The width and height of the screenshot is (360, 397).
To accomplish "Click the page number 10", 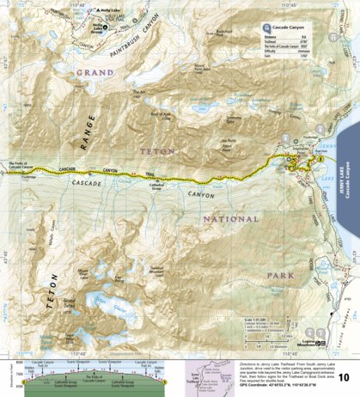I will pyautogui.click(x=343, y=376).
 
